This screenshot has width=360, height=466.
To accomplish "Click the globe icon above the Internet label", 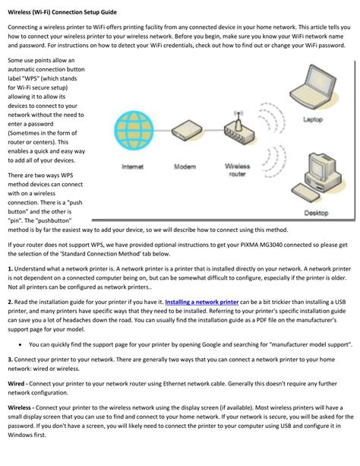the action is point(134,130).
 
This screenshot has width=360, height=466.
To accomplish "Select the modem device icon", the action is point(187,131).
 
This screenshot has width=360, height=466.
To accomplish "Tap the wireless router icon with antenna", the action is point(239,128).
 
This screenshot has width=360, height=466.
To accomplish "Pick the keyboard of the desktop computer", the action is point(305,193).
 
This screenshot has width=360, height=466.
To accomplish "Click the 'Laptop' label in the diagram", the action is point(313,119).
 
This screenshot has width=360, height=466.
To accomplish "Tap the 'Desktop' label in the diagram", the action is point(316,213).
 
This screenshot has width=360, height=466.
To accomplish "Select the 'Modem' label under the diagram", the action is point(185,166).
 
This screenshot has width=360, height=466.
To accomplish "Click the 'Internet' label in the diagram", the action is point(132,166).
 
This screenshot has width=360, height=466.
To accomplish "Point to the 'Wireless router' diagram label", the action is point(237,170).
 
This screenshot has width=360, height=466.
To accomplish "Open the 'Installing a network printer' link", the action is point(202,302).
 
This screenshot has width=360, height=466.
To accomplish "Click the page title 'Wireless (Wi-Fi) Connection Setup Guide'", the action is point(62,12).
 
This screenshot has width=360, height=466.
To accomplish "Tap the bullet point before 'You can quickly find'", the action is point(21,344).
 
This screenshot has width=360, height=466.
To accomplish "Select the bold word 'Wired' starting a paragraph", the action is point(16,384).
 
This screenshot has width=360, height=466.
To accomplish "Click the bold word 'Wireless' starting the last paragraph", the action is point(19,407).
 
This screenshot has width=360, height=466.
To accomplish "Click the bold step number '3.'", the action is point(11,360).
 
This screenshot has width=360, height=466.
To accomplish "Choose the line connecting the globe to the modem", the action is point(163,131).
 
